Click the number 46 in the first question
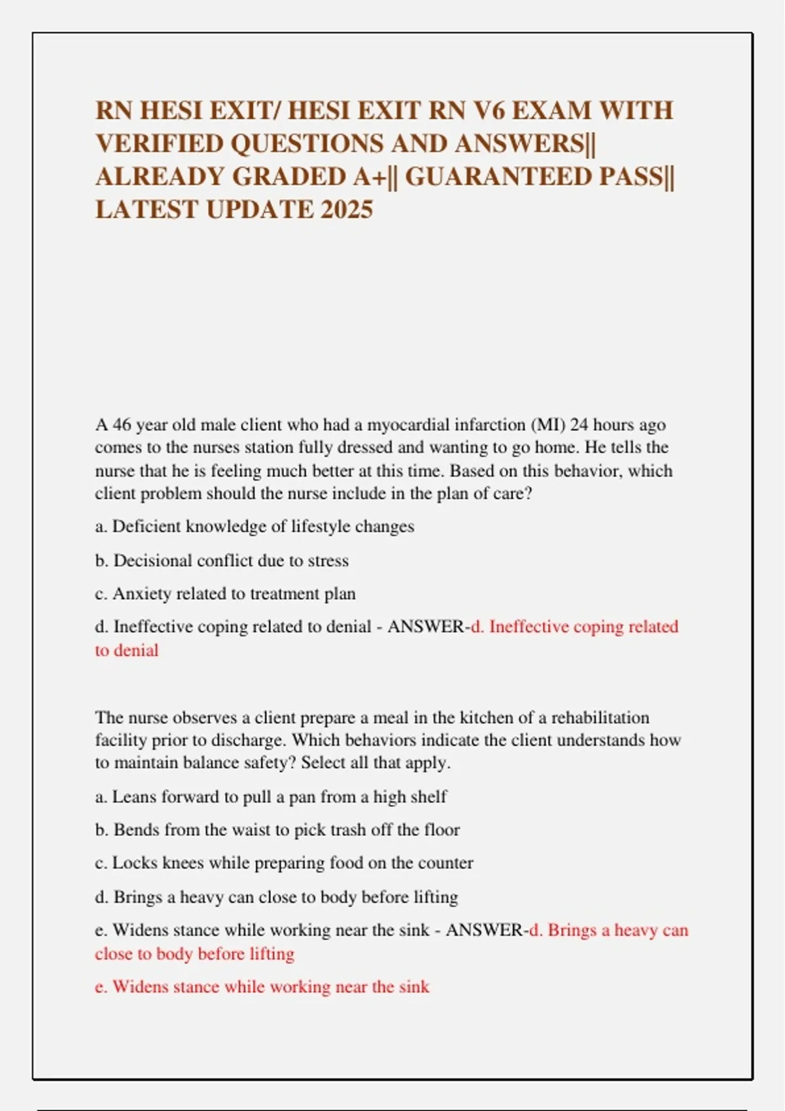[122, 425]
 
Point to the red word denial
[136, 651]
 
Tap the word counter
[445, 863]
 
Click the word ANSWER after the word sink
[483, 930]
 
